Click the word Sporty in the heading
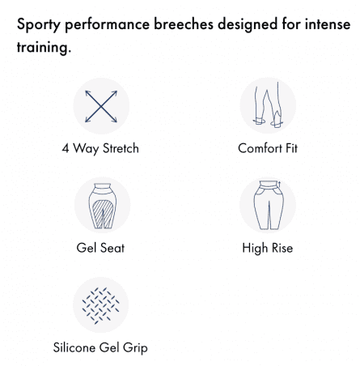point(39,25)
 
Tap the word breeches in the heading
point(184,23)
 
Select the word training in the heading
point(44,48)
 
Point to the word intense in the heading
point(328,23)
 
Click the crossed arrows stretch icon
point(101,106)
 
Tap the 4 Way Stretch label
point(100,148)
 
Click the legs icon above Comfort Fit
point(268,104)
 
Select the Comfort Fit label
point(268,148)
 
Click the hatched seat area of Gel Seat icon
point(102,214)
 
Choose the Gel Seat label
point(100,248)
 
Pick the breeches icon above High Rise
point(269,205)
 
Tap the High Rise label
point(268,248)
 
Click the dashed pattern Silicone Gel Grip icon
point(100,305)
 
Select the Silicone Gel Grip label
point(100,347)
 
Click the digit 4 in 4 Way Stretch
point(66,148)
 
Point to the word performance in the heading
point(107,25)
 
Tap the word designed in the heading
point(248,25)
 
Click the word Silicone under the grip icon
point(74,347)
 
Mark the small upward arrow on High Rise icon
point(279,185)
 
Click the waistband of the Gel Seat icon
point(102,187)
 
